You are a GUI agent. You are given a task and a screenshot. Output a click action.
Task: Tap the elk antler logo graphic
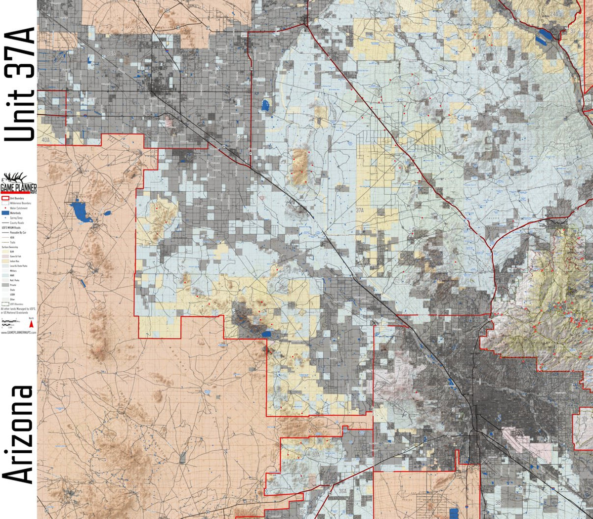15,178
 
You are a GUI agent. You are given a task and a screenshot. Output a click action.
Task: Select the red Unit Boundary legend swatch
5,198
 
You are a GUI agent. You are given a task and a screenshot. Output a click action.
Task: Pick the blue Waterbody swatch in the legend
5,213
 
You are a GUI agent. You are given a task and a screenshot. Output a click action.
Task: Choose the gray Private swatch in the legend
5,285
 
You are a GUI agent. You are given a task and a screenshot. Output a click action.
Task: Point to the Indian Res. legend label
14,261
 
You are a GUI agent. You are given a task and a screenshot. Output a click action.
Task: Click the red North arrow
31,324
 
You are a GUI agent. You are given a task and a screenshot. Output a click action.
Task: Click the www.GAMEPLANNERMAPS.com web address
18,333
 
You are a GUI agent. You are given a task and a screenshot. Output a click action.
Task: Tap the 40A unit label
45,140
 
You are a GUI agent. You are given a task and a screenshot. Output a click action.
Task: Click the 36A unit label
342,492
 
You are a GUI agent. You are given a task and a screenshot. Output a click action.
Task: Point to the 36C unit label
302,512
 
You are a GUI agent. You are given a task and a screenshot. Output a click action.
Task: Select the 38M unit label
500,503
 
